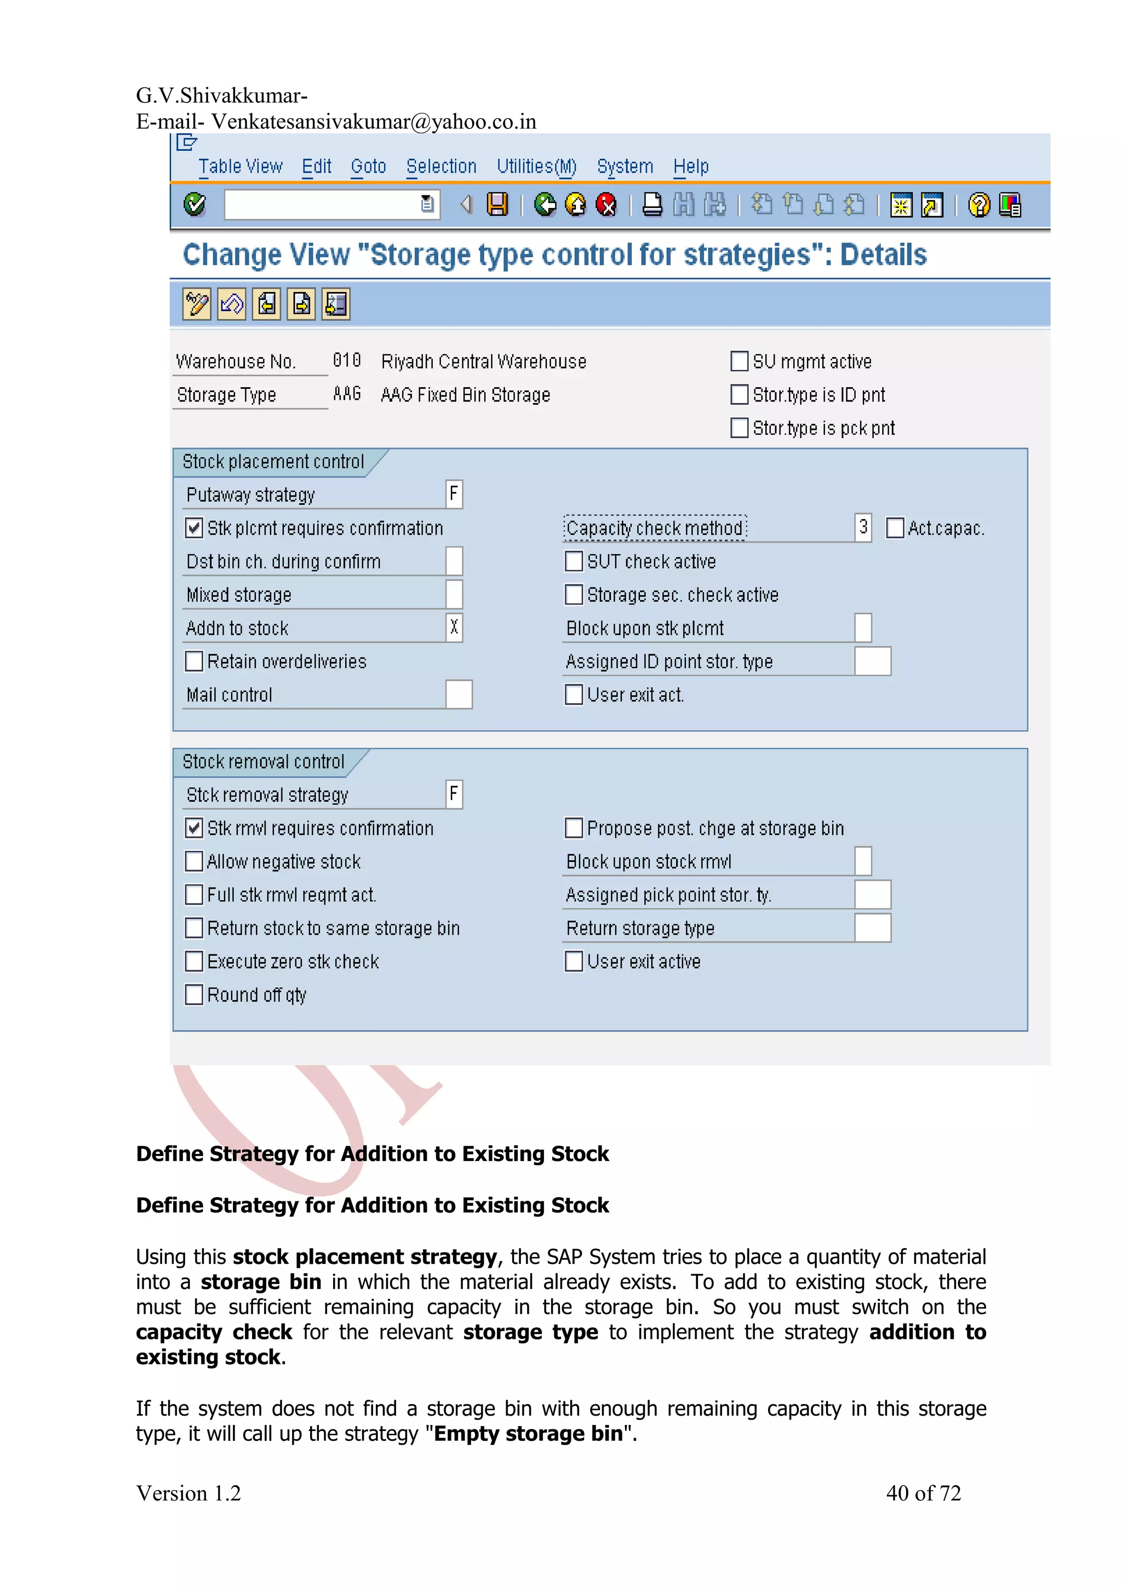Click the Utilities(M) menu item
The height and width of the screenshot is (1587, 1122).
[536, 166]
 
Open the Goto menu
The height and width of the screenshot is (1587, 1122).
[368, 166]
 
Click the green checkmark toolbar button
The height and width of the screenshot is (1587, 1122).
[195, 205]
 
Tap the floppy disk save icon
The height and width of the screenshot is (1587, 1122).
[497, 205]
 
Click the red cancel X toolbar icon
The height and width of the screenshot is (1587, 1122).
[606, 205]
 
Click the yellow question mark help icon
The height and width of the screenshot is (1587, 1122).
[979, 205]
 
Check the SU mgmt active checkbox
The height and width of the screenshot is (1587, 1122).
[739, 361]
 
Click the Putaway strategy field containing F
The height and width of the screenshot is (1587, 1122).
[454, 494]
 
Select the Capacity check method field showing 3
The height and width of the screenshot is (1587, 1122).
[863, 527]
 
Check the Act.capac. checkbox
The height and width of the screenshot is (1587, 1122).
[895, 528]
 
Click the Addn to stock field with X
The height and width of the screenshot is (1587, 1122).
[454, 628]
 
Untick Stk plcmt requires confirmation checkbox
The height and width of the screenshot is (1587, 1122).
[194, 528]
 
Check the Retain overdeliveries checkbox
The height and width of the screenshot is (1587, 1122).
[194, 662]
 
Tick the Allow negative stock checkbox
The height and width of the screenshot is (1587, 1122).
[194, 861]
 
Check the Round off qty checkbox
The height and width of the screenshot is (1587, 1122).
[194, 994]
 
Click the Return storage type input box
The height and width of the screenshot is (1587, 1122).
[872, 928]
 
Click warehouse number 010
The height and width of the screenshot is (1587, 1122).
[346, 361]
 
